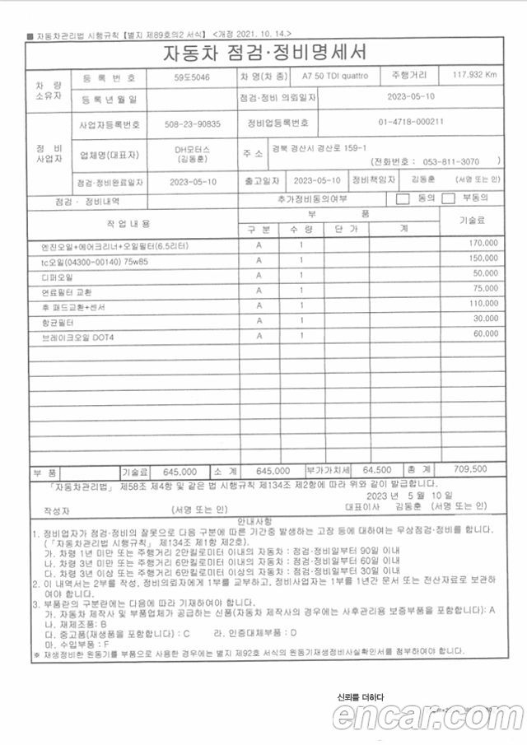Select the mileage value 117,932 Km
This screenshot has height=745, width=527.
coord(474,76)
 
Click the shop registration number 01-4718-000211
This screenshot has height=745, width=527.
coord(411,123)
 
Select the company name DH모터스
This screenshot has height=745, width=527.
coord(192,150)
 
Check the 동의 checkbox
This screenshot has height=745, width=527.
coord(403,198)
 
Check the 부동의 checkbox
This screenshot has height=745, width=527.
coord(449,198)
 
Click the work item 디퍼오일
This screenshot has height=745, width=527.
coord(58,275)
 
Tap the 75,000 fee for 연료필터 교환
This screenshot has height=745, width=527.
coord(485,290)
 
